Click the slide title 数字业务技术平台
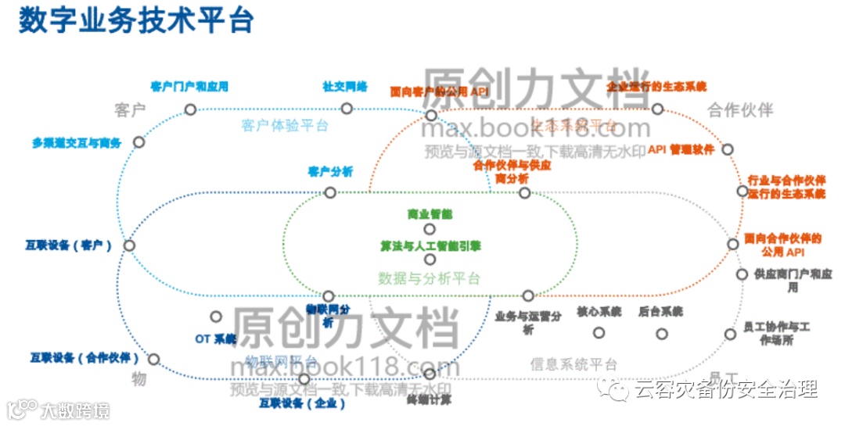(136, 21)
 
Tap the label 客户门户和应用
(189, 87)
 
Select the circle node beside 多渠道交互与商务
(138, 142)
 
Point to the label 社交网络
(345, 87)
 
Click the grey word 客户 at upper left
(130, 110)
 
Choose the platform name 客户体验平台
(285, 125)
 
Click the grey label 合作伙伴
(739, 109)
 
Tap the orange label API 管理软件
(681, 149)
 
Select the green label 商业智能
(430, 213)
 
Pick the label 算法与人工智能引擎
(430, 246)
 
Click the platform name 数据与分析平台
(429, 278)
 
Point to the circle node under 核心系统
(599, 332)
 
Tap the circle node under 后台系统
(662, 334)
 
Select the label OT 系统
(215, 339)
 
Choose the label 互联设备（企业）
(302, 403)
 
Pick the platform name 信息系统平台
(574, 364)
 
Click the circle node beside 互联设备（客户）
(130, 245)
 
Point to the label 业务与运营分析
(528, 322)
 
